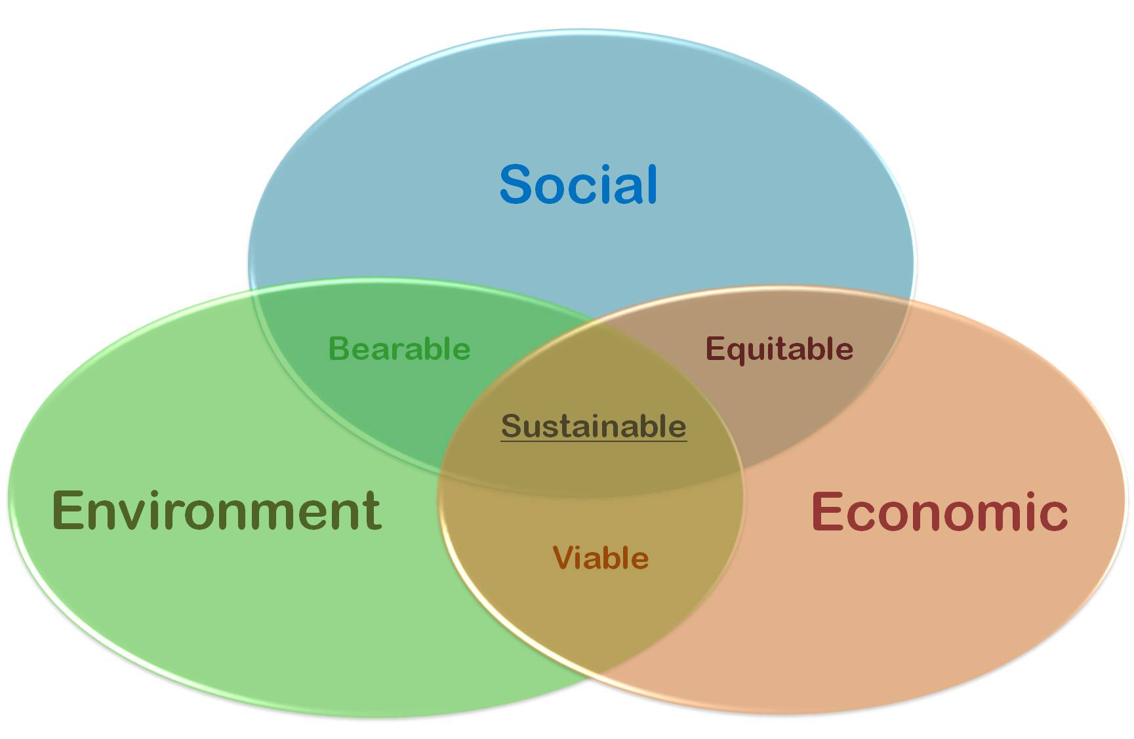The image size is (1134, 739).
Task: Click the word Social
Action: coord(578,184)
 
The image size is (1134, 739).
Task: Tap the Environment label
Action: coord(216,510)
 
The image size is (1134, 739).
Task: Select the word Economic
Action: coord(940,511)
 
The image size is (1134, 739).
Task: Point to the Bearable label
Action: coord(399,348)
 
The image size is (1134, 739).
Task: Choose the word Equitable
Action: coord(779,350)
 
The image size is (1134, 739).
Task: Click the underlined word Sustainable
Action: coord(594,426)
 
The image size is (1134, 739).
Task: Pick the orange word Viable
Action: coord(601,558)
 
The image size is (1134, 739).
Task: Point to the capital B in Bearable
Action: coord(338,348)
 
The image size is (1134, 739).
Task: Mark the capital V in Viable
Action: coord(563,558)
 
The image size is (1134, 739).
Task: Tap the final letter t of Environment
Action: coord(373,512)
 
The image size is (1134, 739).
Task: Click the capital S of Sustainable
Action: coord(511,426)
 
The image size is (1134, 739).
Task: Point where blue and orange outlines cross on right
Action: coord(909,299)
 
